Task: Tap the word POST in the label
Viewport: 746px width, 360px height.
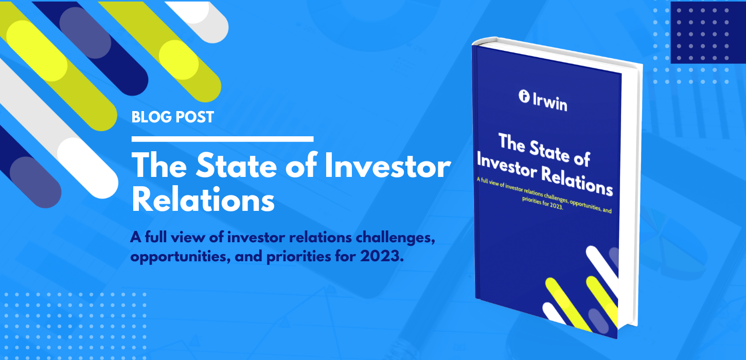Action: (197, 117)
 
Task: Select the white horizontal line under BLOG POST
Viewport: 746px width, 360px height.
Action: (222, 138)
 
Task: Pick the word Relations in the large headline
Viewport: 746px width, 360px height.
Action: (203, 201)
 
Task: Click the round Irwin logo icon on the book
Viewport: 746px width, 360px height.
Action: (524, 96)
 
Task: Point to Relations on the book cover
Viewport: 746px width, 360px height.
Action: (579, 180)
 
